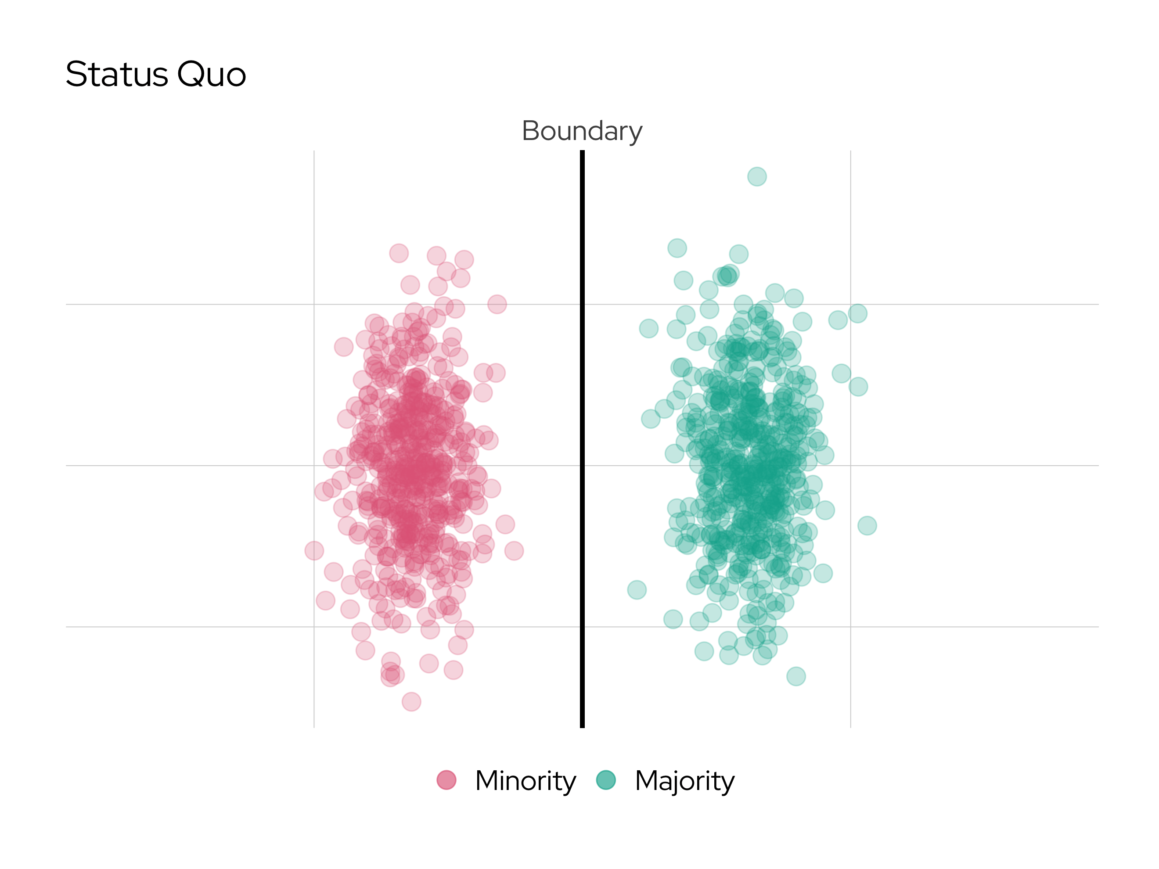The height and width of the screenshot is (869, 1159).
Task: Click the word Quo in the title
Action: click(211, 74)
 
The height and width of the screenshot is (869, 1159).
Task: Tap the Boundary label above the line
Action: click(582, 130)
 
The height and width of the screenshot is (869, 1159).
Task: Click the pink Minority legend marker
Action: click(446, 780)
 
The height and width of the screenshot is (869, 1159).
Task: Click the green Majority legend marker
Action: click(606, 780)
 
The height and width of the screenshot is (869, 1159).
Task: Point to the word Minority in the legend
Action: click(525, 781)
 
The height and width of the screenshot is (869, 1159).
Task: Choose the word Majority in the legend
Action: click(684, 781)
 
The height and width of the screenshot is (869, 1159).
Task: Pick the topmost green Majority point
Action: click(756, 176)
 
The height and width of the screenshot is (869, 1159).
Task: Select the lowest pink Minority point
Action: click(411, 701)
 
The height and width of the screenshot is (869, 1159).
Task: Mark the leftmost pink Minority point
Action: click(314, 550)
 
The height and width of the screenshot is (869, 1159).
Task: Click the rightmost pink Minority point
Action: click(514, 550)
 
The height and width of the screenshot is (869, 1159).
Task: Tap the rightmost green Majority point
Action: click(867, 525)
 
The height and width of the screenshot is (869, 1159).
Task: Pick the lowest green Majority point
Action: click(796, 676)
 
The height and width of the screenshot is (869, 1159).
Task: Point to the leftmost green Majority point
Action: click(637, 590)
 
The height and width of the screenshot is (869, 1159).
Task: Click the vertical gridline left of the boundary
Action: click(314, 209)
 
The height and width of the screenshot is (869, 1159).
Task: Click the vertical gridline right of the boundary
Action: click(850, 209)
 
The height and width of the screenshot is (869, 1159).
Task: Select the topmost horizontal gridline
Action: click(157, 304)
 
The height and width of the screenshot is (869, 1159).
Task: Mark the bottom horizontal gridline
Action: click(157, 626)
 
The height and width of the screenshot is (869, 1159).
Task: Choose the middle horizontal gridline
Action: click(157, 465)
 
